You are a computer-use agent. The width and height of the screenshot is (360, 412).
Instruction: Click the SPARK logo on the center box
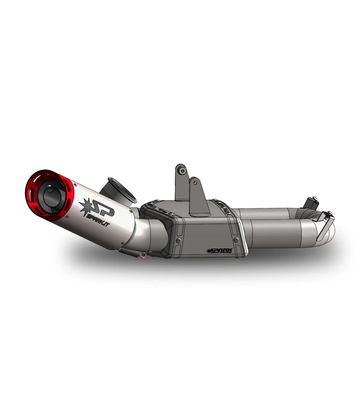pos(219,251)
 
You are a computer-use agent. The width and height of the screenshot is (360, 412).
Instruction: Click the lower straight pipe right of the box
pos(276,234)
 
